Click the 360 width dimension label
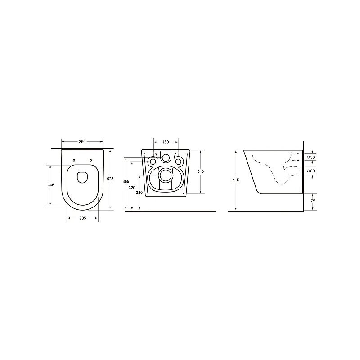click(82, 142)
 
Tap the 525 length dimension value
click(110, 179)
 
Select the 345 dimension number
click(51, 185)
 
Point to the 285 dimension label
click(83, 218)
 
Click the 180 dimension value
click(166, 142)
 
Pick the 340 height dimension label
click(201, 171)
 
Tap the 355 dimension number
click(126, 182)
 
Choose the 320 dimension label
click(132, 188)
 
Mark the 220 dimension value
click(139, 193)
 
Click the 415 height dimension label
click(236, 180)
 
